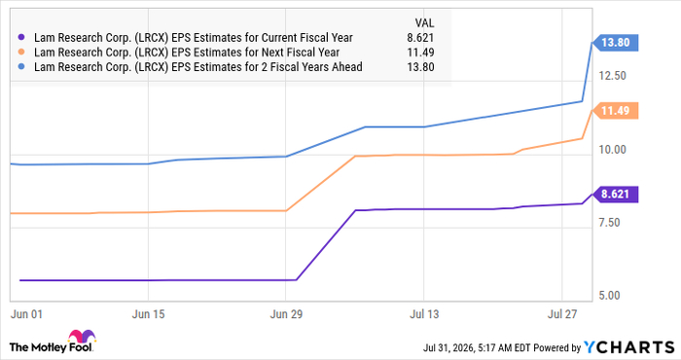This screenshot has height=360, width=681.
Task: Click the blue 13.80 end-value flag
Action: pyautogui.click(x=615, y=43)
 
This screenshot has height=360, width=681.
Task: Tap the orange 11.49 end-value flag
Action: pyautogui.click(x=615, y=111)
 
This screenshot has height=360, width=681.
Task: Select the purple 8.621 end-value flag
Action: pyautogui.click(x=615, y=194)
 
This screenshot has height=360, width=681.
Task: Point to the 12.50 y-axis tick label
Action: pyautogui.click(x=612, y=76)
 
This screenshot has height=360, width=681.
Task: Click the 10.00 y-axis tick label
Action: pyautogui.click(x=612, y=150)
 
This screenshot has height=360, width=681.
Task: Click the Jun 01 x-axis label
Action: pyautogui.click(x=26, y=314)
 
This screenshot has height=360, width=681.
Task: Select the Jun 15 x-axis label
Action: pyautogui.click(x=148, y=314)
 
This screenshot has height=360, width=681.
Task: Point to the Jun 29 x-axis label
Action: pyautogui.click(x=286, y=314)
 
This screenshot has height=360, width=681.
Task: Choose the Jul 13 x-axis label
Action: pyautogui.click(x=424, y=314)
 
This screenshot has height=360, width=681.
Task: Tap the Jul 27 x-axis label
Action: pyautogui.click(x=562, y=314)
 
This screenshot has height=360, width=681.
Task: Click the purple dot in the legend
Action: pyautogui.click(x=21, y=38)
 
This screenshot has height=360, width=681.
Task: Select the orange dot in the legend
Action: pyautogui.click(x=21, y=53)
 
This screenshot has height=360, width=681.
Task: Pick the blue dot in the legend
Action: pyautogui.click(x=21, y=67)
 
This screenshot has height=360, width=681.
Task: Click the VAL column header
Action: pyautogui.click(x=424, y=23)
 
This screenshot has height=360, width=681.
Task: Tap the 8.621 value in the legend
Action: pyautogui.click(x=420, y=38)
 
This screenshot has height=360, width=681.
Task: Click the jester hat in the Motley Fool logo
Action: pyautogui.click(x=82, y=337)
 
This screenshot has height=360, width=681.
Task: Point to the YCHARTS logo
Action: pyautogui.click(x=628, y=347)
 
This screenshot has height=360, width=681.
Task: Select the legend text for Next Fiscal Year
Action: pyautogui.click(x=187, y=53)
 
